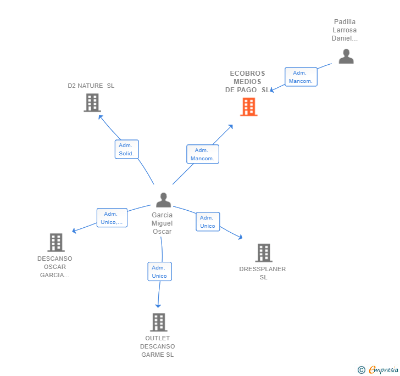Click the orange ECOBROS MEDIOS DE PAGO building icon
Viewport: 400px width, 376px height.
(x=249, y=107)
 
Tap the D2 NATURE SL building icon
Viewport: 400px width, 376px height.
(x=92, y=103)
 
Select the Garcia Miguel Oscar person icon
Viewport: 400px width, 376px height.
(x=164, y=200)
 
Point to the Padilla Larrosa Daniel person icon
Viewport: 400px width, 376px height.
(x=346, y=57)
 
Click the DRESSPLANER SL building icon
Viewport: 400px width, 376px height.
(x=264, y=253)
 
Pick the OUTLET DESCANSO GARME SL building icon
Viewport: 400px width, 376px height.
(x=159, y=322)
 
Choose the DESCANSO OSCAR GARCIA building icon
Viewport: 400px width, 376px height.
(x=56, y=243)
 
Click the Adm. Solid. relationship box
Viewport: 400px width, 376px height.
(x=127, y=149)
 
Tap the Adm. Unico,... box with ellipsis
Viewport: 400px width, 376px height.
(x=112, y=218)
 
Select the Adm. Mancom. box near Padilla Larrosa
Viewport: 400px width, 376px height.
(x=301, y=77)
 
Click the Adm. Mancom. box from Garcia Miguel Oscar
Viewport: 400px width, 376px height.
(x=203, y=154)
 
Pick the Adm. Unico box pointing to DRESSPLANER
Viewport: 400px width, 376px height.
(x=208, y=222)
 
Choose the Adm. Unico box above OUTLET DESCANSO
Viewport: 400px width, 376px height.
(x=160, y=272)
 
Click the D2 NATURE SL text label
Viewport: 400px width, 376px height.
(x=91, y=86)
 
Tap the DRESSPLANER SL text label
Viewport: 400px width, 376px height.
(x=263, y=273)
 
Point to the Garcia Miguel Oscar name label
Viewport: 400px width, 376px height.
(x=162, y=223)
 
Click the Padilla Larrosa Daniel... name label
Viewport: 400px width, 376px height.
(x=345, y=30)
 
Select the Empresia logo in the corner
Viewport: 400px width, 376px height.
(x=378, y=369)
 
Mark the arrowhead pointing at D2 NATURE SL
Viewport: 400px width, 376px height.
(x=101, y=117)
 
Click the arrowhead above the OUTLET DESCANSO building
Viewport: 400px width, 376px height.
(x=158, y=306)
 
